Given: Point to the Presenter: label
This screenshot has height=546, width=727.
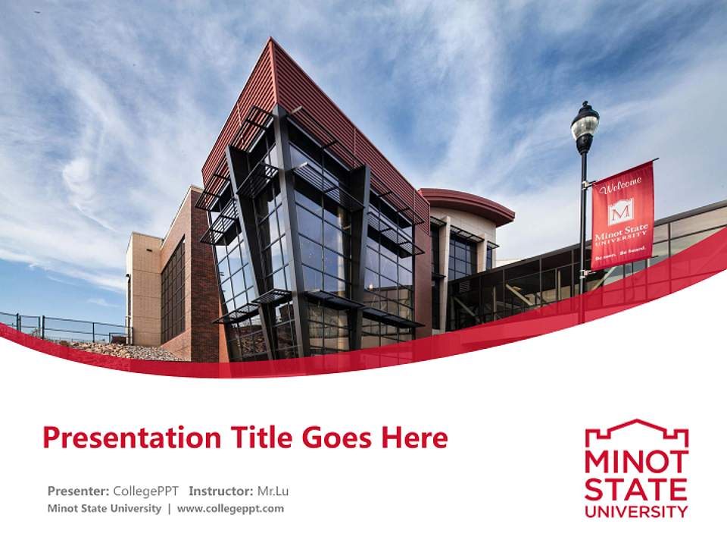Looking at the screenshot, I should (x=78, y=491).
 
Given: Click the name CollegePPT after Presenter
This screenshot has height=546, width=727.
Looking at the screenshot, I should (x=145, y=491).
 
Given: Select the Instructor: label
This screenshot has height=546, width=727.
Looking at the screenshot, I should (x=221, y=491).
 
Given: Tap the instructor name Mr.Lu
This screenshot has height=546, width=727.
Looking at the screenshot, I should (x=273, y=491).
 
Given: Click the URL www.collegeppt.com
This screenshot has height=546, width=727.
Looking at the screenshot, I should (x=230, y=508).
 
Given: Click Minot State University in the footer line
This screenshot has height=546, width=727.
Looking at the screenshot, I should (x=104, y=508).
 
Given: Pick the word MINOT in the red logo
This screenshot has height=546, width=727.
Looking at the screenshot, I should (x=636, y=462).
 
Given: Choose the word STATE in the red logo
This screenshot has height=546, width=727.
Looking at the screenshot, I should (x=636, y=488).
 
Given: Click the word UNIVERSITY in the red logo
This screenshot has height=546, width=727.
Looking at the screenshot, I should (x=636, y=511).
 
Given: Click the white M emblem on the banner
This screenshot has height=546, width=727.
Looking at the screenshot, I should (x=621, y=211).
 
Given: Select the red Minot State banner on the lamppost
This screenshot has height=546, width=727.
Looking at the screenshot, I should (x=622, y=216).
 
